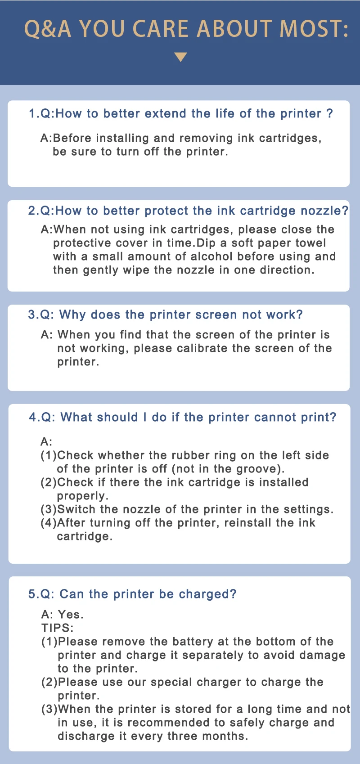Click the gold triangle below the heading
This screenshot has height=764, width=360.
tap(180, 57)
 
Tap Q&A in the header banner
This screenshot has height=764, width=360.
tap(48, 28)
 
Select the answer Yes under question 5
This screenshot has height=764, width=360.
tap(71, 615)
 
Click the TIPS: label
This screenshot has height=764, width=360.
tap(57, 628)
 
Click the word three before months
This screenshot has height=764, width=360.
tap(182, 736)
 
